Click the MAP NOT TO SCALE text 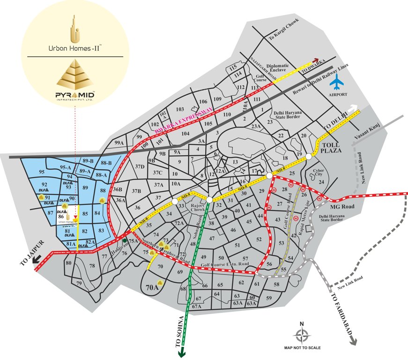[302, 348]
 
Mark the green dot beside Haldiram [125, 240]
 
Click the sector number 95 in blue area [42, 172]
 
